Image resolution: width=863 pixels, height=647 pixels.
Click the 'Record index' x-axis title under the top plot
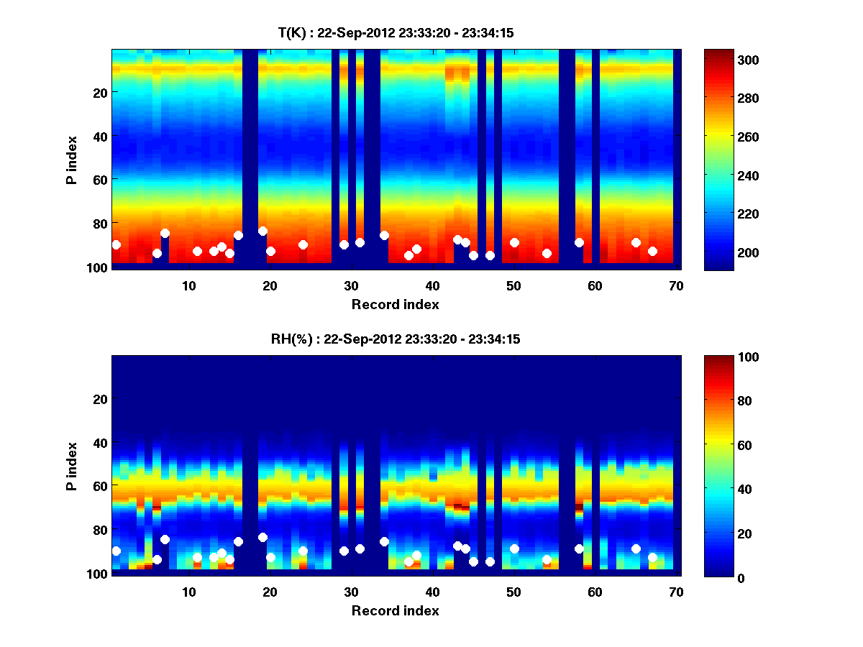point(395,304)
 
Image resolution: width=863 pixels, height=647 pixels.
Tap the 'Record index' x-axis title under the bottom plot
point(395,610)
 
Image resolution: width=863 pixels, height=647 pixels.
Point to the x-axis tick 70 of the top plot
point(676,285)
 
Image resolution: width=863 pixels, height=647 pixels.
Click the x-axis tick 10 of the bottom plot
point(188,592)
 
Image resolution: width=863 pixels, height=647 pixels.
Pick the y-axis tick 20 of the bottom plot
point(100,399)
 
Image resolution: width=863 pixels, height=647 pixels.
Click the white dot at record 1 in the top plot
point(116,245)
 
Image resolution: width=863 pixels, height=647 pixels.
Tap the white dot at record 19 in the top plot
point(262,231)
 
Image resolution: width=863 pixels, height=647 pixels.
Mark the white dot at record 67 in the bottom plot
point(652,557)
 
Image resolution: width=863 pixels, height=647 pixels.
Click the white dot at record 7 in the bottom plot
point(165,539)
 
